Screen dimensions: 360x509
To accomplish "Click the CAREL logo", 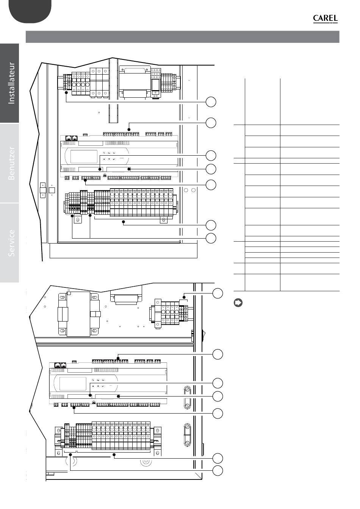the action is click(325, 19).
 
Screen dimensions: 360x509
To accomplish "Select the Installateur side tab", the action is click(9, 83).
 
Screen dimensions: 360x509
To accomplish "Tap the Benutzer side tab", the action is click(9, 163).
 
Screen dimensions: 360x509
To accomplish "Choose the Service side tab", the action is click(9, 243).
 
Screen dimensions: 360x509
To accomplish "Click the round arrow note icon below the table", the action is click(238, 303).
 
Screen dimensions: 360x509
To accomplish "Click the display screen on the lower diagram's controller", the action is click(73, 384).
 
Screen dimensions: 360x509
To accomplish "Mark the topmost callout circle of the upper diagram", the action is click(211, 102).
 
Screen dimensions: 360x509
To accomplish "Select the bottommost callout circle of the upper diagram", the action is click(211, 238).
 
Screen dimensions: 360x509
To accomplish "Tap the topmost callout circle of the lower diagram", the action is click(218, 293).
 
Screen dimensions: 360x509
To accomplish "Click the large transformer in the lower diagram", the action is click(79, 314).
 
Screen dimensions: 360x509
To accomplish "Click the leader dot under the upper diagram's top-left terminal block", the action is click(66, 92).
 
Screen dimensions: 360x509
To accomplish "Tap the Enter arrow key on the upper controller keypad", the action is click(114, 159).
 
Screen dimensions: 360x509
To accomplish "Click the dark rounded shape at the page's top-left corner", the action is click(30, 11).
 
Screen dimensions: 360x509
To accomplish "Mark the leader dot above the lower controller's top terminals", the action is click(118, 358).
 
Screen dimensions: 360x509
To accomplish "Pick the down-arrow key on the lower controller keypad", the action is click(93, 386).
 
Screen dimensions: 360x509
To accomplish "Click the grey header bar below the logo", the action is click(182, 37).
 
